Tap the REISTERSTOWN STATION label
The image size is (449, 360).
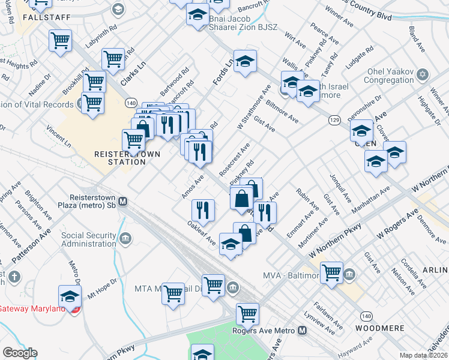127,158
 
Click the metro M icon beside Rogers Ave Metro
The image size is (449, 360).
302,331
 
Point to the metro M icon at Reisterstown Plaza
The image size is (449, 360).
122,202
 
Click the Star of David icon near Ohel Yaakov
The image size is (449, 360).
423,75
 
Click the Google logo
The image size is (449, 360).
20,353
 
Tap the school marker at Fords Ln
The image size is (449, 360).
245,62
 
